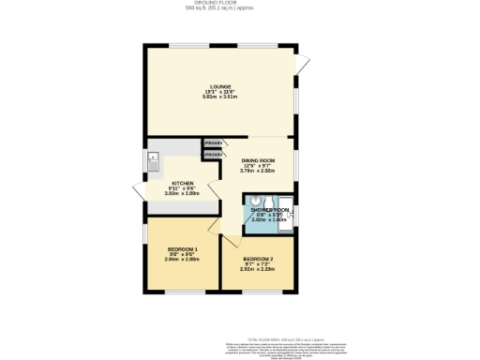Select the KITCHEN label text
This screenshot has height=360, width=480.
point(182,184)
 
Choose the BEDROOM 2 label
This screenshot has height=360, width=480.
point(257,258)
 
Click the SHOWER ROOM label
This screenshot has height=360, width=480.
point(268,210)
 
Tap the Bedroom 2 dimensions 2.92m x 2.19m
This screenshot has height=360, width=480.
point(257,268)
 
